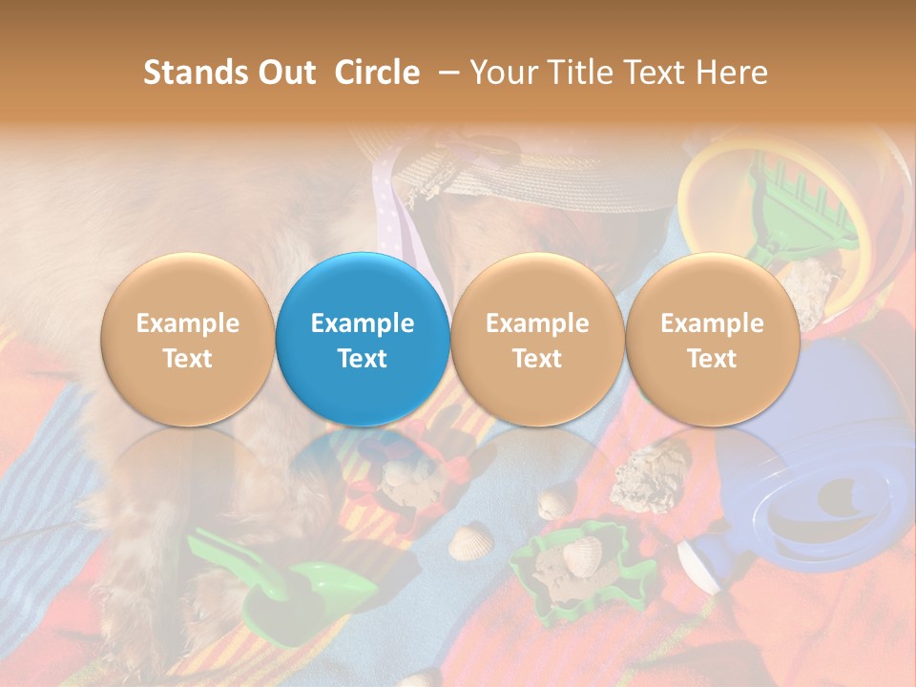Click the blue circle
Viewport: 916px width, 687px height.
pyautogui.click(x=363, y=339)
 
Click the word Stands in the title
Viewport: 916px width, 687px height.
pyautogui.click(x=198, y=73)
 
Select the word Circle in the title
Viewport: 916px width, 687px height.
pyautogui.click(x=377, y=73)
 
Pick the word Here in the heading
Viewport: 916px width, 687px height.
pyautogui.click(x=731, y=73)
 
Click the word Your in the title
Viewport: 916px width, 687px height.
pyautogui.click(x=505, y=73)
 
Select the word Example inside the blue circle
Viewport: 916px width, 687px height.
pyautogui.click(x=363, y=323)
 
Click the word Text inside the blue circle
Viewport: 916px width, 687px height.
pyautogui.click(x=363, y=359)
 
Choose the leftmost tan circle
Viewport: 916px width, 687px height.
pyautogui.click(x=187, y=339)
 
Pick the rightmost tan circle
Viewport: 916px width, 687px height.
pyautogui.click(x=712, y=339)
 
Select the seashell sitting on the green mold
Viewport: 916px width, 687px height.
pyautogui.click(x=582, y=553)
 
